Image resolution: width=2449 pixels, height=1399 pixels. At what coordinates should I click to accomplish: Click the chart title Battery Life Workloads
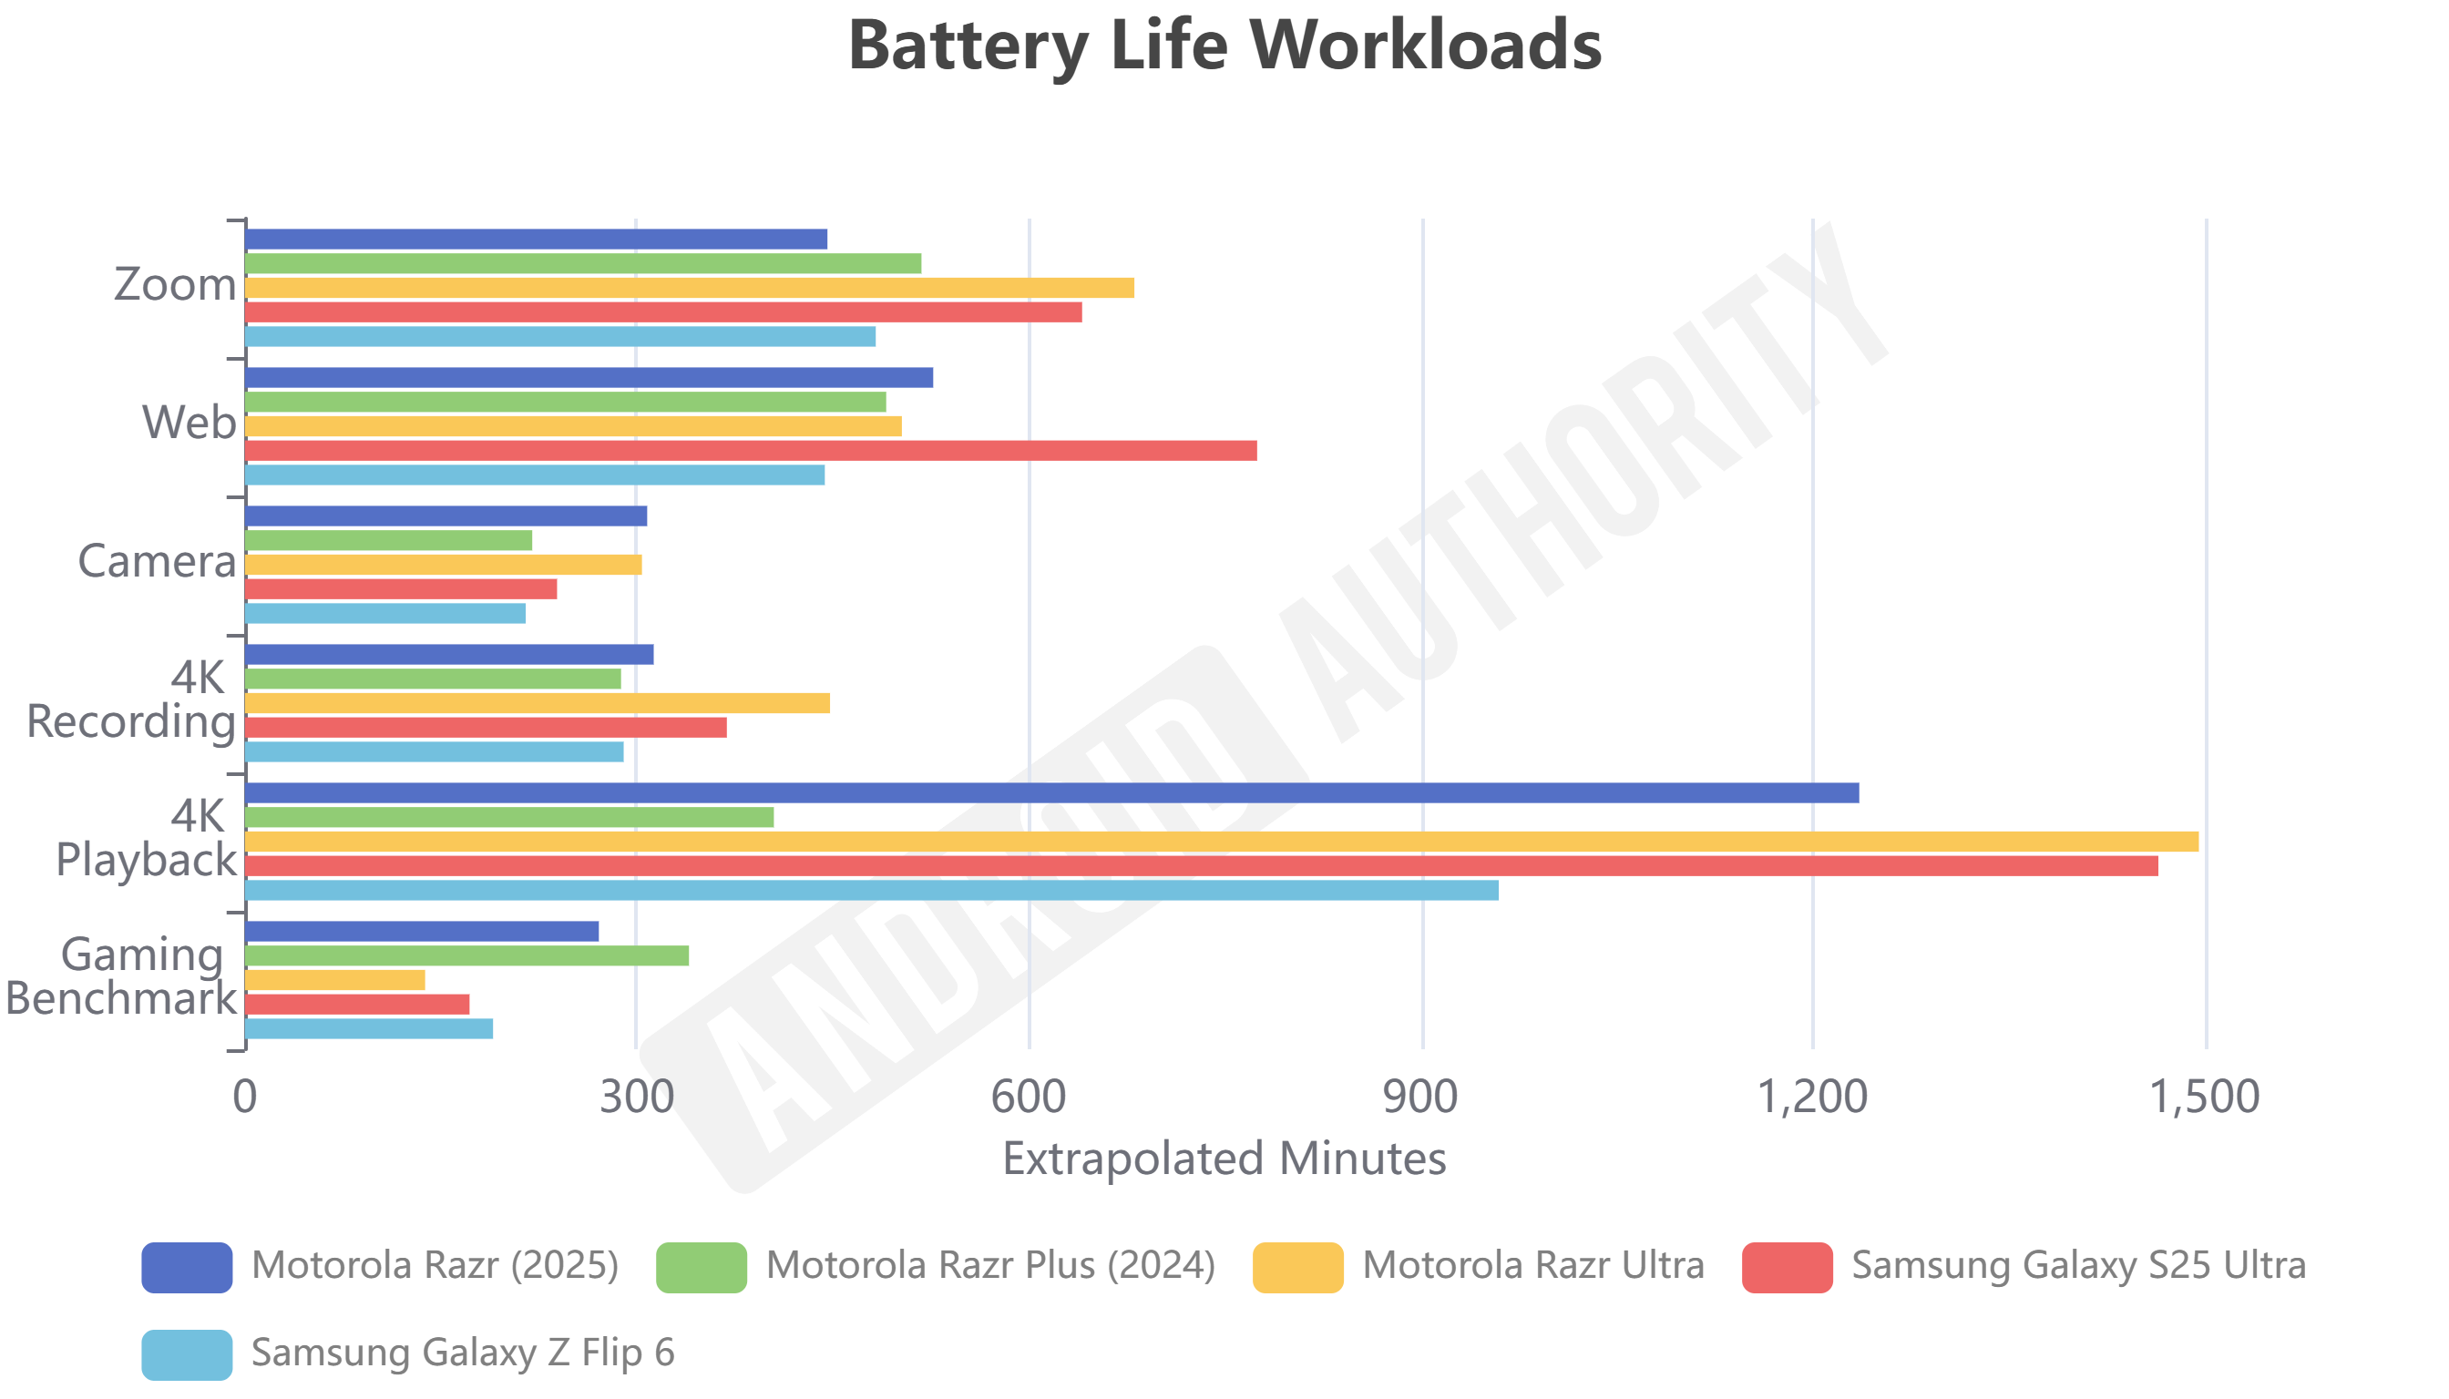[1224, 46]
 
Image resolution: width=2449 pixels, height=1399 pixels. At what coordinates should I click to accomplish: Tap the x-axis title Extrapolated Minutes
[1224, 1159]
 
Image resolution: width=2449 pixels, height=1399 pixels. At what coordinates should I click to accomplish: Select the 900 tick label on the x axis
[1419, 1098]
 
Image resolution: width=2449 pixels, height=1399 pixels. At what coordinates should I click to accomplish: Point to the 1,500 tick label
[2204, 1098]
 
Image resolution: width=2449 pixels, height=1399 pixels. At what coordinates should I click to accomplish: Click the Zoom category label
[175, 284]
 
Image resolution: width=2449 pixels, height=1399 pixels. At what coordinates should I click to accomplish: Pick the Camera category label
[157, 561]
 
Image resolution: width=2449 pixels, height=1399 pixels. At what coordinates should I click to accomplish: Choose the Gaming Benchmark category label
[121, 976]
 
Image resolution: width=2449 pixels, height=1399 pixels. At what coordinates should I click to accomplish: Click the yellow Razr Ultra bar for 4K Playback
[1221, 842]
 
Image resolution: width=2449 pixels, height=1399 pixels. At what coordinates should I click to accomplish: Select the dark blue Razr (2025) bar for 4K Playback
[1051, 792]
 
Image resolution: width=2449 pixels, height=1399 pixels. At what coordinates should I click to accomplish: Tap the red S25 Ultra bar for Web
[751, 451]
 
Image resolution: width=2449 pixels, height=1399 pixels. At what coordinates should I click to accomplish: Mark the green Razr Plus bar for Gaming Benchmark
[467, 955]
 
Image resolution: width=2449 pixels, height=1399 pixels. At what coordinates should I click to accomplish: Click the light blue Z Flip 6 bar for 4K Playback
[872, 890]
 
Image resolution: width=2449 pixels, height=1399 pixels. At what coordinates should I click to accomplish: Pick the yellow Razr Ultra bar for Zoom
[689, 288]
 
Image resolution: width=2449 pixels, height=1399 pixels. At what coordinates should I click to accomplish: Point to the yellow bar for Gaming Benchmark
[335, 980]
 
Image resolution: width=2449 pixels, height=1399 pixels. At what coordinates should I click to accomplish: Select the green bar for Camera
[388, 541]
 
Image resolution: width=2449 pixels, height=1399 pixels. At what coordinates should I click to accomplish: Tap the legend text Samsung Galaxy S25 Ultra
[2078, 1265]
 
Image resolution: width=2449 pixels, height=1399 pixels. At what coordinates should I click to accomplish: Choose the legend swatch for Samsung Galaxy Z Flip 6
[187, 1354]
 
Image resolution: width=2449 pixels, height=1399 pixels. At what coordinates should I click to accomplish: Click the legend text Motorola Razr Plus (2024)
[990, 1265]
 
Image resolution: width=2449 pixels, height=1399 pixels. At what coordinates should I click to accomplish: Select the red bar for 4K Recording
[486, 728]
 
